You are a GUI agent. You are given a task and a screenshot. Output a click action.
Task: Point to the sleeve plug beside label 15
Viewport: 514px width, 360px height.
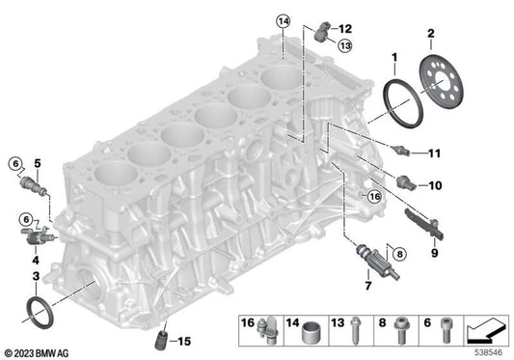pos(160,338)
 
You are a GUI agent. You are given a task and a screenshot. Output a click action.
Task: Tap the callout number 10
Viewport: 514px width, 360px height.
pos(435,183)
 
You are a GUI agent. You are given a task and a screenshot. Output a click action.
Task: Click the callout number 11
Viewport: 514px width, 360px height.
pos(435,152)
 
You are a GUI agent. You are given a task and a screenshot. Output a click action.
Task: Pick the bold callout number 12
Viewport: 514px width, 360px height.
pos(344,31)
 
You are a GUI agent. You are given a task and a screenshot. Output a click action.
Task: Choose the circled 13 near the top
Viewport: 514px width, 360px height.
pos(344,45)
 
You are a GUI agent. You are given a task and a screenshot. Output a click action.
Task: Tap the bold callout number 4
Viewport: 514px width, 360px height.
pos(36,261)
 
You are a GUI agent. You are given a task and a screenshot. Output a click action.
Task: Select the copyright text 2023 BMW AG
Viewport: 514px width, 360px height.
pos(41,352)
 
